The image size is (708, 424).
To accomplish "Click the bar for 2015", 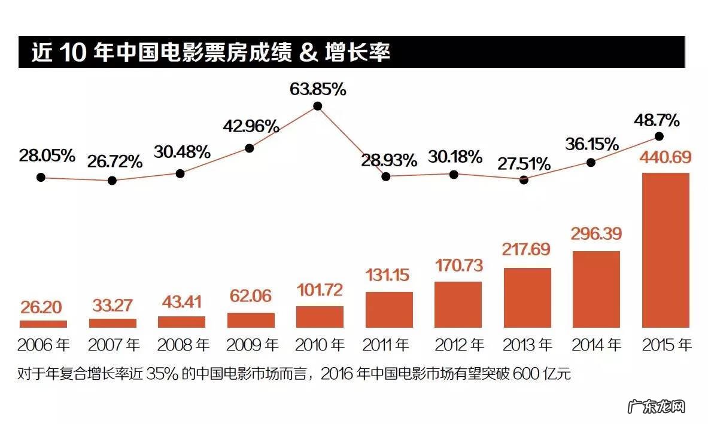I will tap(666, 250).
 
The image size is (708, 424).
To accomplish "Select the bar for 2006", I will tap(43, 324).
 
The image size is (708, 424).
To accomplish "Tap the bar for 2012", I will tap(458, 304).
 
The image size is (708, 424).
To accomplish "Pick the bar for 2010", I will tap(320, 317).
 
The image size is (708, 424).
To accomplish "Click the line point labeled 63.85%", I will tap(318, 106).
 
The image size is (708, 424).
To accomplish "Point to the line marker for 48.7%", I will tap(659, 136).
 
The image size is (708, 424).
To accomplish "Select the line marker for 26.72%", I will tap(112, 181).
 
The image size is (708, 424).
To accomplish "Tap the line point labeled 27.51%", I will tap(524, 179).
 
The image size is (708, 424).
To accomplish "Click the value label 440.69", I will tap(665, 158).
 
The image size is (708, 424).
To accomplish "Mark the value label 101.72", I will tap(320, 290).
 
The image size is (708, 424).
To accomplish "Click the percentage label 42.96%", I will tap(251, 126).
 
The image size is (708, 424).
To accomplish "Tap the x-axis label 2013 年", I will tap(527, 345).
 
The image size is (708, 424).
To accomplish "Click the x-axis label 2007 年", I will tap(114, 345).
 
